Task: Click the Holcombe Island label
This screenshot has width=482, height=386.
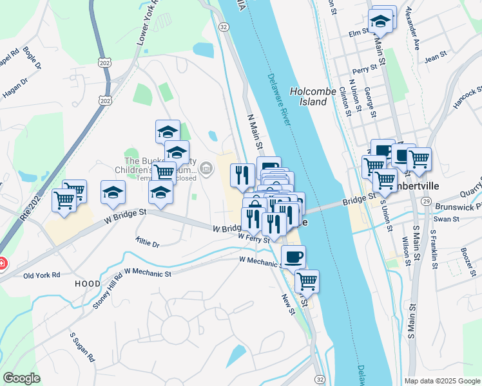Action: coord(313,96)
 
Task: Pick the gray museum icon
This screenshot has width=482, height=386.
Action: coord(206,169)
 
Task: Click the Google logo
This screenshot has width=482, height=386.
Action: coord(21,378)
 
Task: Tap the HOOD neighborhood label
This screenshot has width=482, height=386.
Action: coord(87,283)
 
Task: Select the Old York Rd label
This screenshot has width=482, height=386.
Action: coord(41,275)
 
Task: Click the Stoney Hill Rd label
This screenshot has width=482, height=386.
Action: coord(108,293)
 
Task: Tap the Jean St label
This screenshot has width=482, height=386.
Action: coord(436,57)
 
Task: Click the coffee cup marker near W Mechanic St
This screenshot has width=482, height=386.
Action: coord(293,256)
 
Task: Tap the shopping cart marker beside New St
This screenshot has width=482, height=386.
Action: coord(307,280)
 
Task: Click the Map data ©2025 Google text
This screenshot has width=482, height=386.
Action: coord(441,380)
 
